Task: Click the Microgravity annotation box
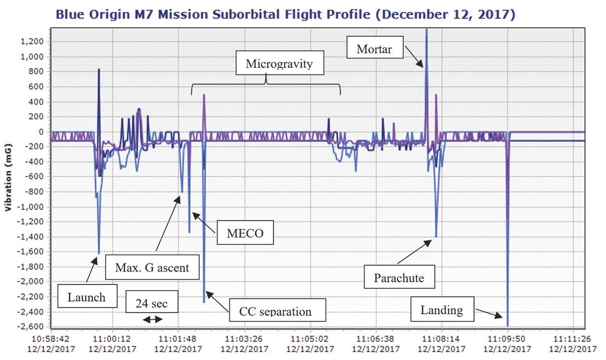279,64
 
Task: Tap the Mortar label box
374,49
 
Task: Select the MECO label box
245,233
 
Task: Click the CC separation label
278,311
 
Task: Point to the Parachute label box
399,277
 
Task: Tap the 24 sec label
151,303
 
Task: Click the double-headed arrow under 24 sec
152,319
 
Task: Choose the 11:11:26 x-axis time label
573,339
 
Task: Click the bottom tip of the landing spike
507,325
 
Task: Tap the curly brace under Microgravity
266,83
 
